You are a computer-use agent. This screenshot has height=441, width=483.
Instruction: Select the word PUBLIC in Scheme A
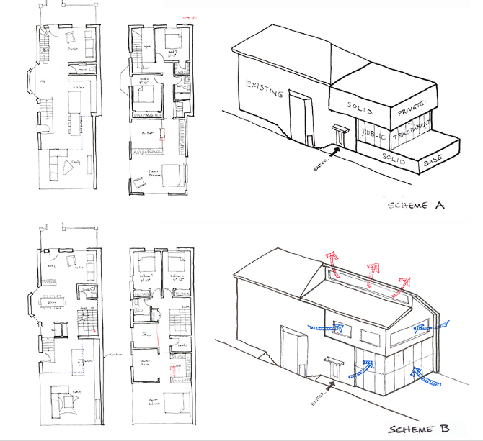[x=374, y=135]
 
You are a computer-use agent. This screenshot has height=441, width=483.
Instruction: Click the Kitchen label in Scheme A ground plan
[x=78, y=88]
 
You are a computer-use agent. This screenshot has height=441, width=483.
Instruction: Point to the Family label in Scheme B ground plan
[x=74, y=391]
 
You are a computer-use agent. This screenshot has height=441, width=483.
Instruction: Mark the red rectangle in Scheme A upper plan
[x=163, y=134]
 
